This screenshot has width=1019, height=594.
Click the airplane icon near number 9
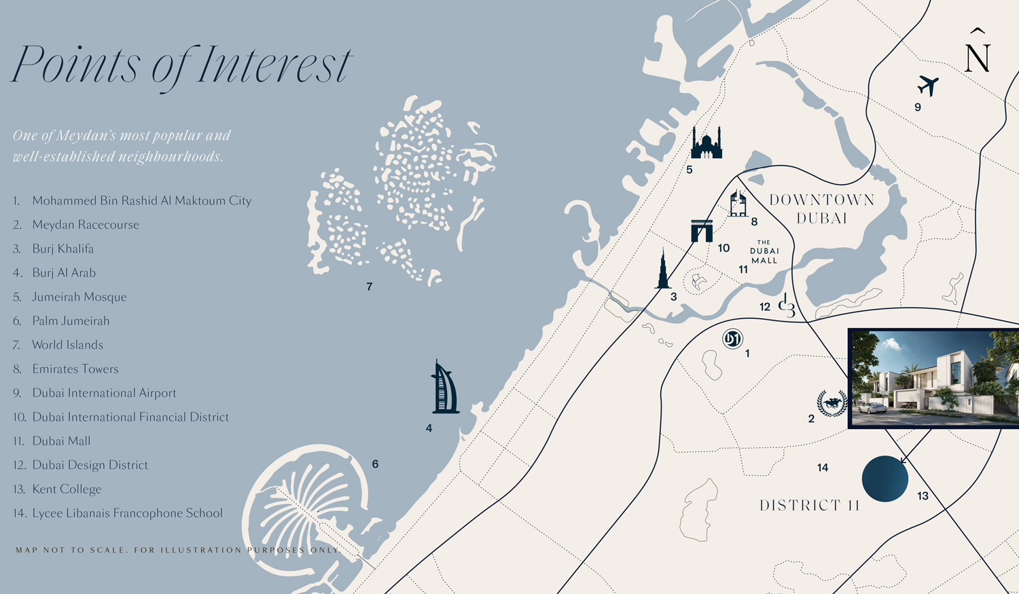point(928,86)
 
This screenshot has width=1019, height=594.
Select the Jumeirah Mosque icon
point(707,143)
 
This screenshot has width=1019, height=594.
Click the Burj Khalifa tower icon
point(663,270)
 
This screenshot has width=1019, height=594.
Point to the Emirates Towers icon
point(738,204)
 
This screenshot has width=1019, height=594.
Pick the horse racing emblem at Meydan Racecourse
point(832,403)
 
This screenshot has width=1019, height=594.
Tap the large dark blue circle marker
point(884,479)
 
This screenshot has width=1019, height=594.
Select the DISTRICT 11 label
point(809,506)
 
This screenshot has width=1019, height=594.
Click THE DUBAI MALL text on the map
point(764,251)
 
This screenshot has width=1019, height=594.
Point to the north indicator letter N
point(978,54)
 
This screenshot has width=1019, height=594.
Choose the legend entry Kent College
point(67,489)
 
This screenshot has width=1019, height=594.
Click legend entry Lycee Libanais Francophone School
point(127,513)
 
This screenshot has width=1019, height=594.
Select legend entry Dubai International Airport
point(104,393)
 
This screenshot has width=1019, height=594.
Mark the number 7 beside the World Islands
point(369,287)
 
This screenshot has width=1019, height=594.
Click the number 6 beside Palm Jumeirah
point(375,464)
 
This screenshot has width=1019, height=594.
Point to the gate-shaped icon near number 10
point(702,231)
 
